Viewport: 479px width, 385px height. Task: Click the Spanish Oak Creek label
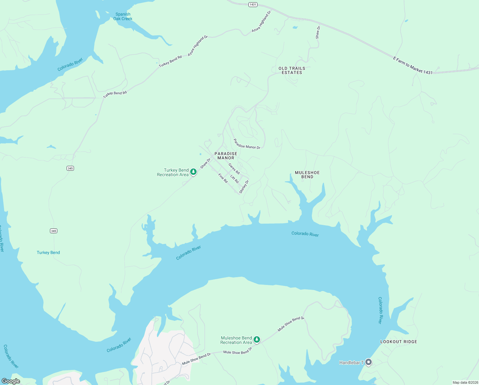pyautogui.click(x=123, y=16)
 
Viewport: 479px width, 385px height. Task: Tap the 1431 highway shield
pyautogui.click(x=253, y=4)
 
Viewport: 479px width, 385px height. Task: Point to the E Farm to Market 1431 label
pyautogui.click(x=413, y=66)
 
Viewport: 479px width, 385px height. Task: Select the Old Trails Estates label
pyautogui.click(x=292, y=71)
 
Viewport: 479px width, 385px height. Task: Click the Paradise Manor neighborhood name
pyautogui.click(x=226, y=156)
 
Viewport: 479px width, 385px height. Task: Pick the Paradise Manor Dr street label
pyautogui.click(x=247, y=144)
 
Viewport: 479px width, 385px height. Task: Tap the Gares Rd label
pyautogui.click(x=234, y=169)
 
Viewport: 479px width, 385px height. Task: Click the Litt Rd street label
pyautogui.click(x=235, y=179)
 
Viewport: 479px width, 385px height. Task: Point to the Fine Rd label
pyautogui.click(x=223, y=178)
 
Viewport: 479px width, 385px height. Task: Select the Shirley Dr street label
pyautogui.click(x=244, y=187)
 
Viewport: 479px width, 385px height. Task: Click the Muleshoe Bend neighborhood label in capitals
pyautogui.click(x=307, y=175)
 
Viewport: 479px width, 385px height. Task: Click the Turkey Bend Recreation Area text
pyautogui.click(x=173, y=173)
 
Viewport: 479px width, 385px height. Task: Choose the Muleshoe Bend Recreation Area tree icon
pyautogui.click(x=257, y=339)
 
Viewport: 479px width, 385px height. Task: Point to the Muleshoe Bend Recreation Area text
pyautogui.click(x=236, y=340)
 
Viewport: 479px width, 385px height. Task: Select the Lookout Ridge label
pyautogui.click(x=399, y=342)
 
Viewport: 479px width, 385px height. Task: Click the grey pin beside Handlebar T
pyautogui.click(x=369, y=362)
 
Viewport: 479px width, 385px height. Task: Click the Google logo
pyautogui.click(x=11, y=381)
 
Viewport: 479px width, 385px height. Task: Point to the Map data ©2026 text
pyautogui.click(x=465, y=382)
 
